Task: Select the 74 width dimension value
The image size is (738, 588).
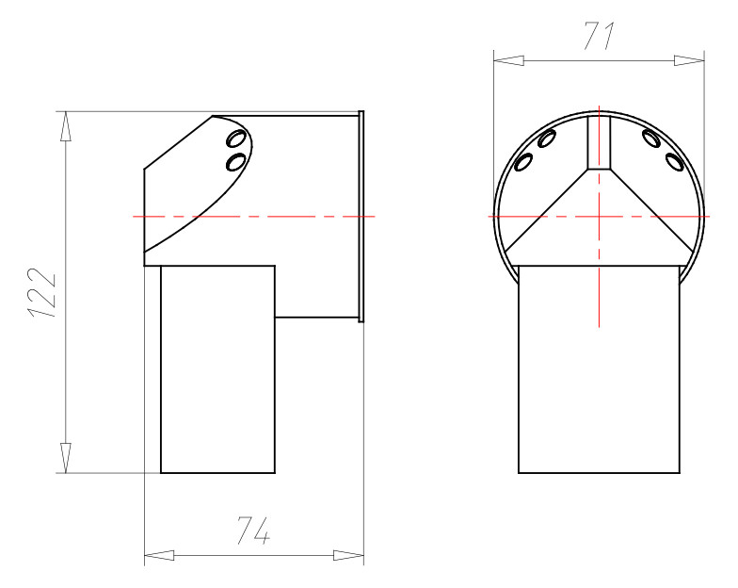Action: click(253, 532)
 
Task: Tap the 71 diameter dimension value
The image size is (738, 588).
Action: click(599, 36)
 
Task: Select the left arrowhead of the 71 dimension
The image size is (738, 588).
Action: click(509, 60)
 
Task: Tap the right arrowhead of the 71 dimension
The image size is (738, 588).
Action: click(689, 60)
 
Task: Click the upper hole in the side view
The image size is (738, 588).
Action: click(236, 139)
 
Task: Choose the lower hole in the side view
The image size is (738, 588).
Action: click(236, 161)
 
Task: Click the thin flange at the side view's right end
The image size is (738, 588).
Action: click(361, 216)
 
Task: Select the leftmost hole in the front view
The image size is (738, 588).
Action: click(523, 162)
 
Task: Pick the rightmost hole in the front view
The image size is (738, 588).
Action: click(674, 161)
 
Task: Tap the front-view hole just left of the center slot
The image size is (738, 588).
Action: click(547, 139)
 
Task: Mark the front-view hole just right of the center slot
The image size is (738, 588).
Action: click(650, 139)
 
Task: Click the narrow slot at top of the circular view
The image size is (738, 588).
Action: click(599, 141)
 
